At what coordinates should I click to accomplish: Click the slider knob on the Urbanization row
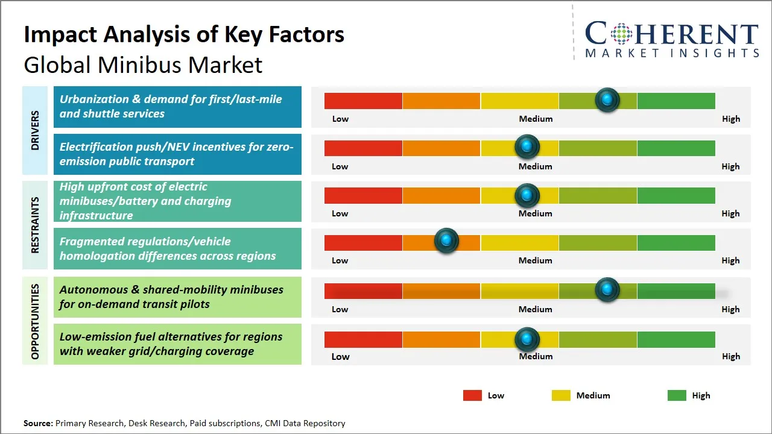(607, 99)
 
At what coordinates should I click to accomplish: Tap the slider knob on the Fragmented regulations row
(446, 241)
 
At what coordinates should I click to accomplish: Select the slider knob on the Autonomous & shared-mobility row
(607, 289)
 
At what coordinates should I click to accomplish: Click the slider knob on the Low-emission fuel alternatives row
(527, 339)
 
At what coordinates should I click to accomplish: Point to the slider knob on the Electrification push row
(527, 146)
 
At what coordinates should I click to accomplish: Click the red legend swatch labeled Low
(472, 395)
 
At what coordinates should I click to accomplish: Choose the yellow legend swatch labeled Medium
(561, 395)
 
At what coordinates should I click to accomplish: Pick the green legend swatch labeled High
(677, 395)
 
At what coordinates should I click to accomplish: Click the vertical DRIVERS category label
(35, 130)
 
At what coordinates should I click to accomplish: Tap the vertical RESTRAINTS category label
(35, 225)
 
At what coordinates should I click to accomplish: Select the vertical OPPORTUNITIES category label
(35, 321)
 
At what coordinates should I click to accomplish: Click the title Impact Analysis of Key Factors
(184, 34)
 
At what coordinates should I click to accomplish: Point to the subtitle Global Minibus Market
(143, 64)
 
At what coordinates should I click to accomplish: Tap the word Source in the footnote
(38, 423)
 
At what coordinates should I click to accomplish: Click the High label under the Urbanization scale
(730, 119)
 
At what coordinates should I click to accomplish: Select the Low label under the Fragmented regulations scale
(340, 260)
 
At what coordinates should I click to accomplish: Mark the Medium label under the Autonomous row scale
(535, 309)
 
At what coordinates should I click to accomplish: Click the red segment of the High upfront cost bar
(363, 195)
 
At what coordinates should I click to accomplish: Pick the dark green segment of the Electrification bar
(675, 148)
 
